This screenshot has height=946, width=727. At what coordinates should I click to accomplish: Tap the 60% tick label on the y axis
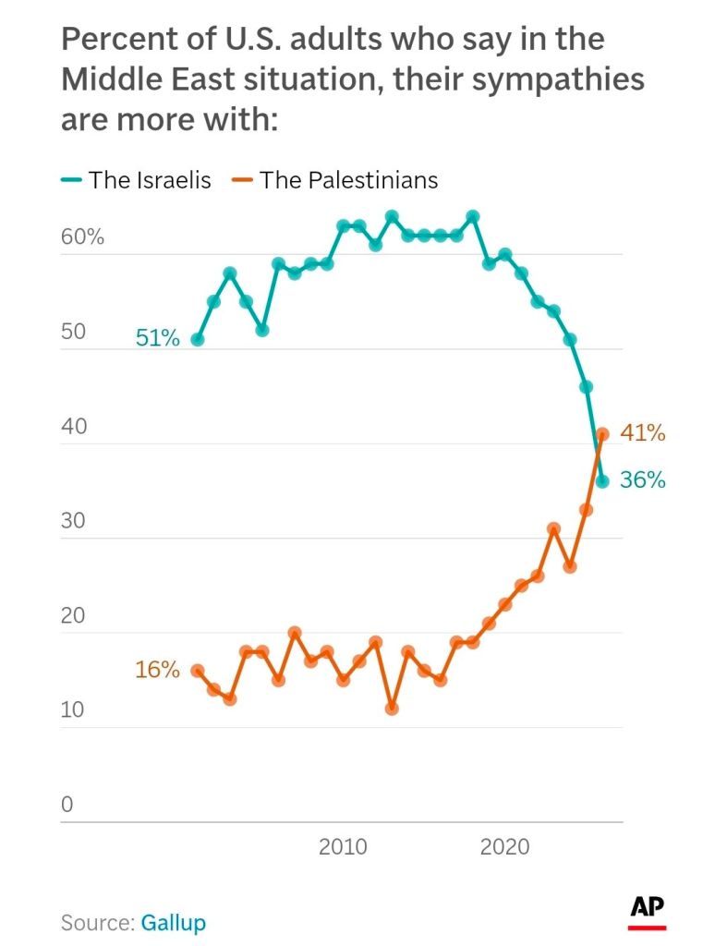[82, 237]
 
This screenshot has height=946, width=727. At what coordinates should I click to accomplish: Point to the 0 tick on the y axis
[67, 805]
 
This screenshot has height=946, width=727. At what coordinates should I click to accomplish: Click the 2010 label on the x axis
[343, 846]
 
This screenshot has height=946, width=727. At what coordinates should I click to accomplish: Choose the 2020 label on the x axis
[505, 846]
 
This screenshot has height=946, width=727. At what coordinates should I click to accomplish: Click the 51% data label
[157, 338]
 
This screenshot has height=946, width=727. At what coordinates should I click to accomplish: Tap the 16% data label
[157, 670]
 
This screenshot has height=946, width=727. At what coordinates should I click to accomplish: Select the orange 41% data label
[643, 432]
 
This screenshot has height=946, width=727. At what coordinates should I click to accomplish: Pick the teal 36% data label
[643, 480]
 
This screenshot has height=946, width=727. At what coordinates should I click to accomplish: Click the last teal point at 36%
[602, 481]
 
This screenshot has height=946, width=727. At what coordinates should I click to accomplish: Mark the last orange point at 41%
[602, 433]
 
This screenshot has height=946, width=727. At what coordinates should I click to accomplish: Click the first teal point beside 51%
[197, 339]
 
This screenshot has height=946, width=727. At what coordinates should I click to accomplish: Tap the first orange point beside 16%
[197, 671]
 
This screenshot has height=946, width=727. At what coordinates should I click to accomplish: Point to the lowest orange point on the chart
[392, 709]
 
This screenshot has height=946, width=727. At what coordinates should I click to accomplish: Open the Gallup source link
[173, 922]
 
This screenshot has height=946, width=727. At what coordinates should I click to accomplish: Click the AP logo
[648, 910]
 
